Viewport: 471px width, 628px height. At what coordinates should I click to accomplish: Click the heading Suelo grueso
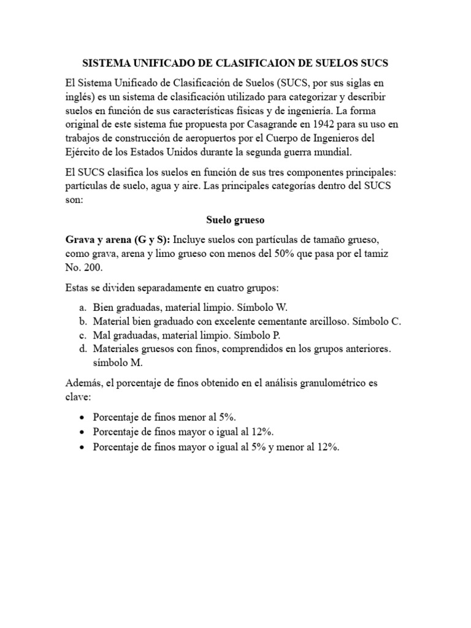coord(235,219)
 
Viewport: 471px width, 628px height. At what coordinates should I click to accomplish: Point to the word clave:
coord(77,397)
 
